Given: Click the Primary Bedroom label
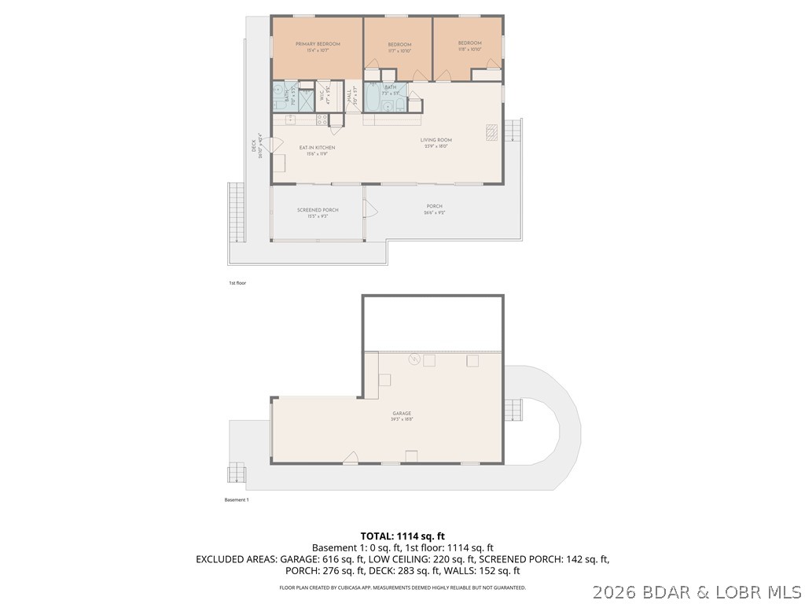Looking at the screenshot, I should coord(318,44).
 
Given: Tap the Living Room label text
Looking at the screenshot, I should coord(436,140).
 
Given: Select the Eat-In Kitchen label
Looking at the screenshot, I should coord(317,148).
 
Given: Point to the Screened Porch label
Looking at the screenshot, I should coord(318,210).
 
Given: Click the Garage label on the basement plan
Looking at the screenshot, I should coord(402,413).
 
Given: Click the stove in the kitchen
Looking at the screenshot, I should coord(322,120).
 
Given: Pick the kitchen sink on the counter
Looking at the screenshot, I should coord(289,119).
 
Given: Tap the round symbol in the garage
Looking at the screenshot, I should coord(414,360).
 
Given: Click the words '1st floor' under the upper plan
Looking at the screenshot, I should coord(237,282).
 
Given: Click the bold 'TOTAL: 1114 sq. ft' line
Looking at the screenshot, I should coord(402,536).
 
